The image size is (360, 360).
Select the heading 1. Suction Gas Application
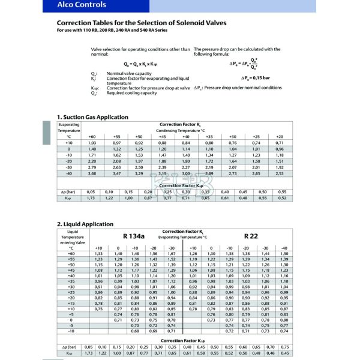92,117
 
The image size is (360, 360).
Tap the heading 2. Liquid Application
81,224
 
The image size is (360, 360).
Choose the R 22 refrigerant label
250,236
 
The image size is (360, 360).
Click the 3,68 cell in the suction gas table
92,173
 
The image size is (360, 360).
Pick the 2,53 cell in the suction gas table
280,173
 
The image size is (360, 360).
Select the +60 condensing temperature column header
92,137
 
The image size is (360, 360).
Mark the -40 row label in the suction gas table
69,173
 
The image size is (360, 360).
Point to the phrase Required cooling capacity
132,94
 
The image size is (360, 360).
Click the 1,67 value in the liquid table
173,253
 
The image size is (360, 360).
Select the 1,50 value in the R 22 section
284,253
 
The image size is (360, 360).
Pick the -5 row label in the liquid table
71,325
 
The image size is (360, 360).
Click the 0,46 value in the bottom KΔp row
271,353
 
